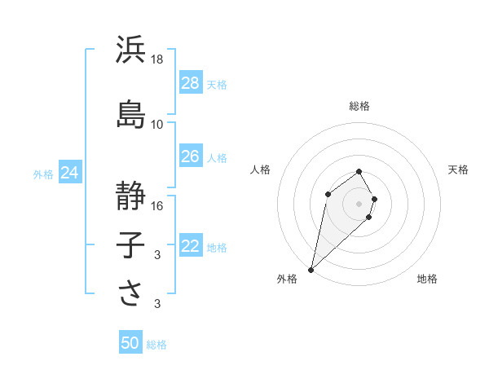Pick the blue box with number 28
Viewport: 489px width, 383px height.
(x=190, y=83)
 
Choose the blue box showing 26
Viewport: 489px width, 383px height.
(x=190, y=156)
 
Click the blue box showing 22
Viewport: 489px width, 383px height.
(x=190, y=247)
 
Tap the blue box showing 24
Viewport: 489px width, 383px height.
(x=70, y=173)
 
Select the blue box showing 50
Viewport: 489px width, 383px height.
(x=130, y=344)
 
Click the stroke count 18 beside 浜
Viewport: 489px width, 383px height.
(x=157, y=59)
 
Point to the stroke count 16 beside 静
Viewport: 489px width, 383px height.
(x=157, y=206)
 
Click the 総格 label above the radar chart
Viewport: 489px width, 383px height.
(x=359, y=106)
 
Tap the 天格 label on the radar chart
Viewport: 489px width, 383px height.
(x=458, y=169)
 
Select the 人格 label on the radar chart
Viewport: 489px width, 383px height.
(x=261, y=169)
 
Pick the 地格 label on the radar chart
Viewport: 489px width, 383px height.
(x=427, y=279)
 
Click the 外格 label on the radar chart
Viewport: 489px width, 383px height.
(x=287, y=279)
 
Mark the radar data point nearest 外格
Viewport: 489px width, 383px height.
(x=311, y=269)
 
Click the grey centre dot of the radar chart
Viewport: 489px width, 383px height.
(x=359, y=203)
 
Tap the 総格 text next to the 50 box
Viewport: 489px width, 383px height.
(x=156, y=345)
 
